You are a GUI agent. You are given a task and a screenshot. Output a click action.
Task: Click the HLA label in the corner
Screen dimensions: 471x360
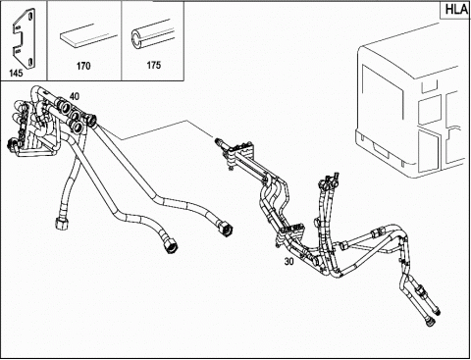456,9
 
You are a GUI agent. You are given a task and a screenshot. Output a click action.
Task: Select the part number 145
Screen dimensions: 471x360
16,73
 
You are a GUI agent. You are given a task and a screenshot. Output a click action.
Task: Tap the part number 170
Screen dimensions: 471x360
83,66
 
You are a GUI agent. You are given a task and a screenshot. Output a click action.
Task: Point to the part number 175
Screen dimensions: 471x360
154,65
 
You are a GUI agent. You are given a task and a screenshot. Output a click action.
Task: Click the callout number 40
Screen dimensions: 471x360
75,96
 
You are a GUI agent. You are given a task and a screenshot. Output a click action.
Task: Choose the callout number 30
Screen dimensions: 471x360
289,261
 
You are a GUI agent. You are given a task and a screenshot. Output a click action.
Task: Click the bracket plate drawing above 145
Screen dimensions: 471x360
24,37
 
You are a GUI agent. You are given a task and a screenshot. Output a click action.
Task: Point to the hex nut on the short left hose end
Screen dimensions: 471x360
61,224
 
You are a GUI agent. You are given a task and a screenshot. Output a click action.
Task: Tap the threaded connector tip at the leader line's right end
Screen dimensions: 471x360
219,142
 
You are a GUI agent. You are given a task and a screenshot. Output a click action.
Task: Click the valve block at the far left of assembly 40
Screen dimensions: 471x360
22,128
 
